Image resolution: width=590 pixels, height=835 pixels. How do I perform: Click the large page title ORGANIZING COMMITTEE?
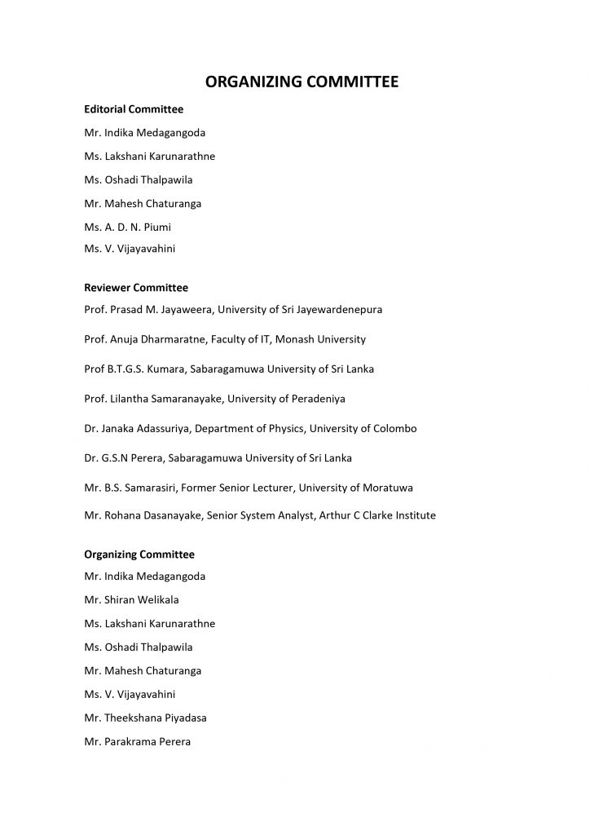tap(295, 82)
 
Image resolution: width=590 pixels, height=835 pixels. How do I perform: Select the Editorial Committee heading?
tap(134, 108)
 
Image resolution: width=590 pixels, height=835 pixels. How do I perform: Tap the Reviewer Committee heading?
tap(136, 287)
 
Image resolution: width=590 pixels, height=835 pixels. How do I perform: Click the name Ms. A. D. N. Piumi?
tap(127, 228)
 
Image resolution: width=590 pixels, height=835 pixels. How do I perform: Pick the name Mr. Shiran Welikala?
tap(131, 600)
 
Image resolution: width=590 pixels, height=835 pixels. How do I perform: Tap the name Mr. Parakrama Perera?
tap(137, 742)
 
